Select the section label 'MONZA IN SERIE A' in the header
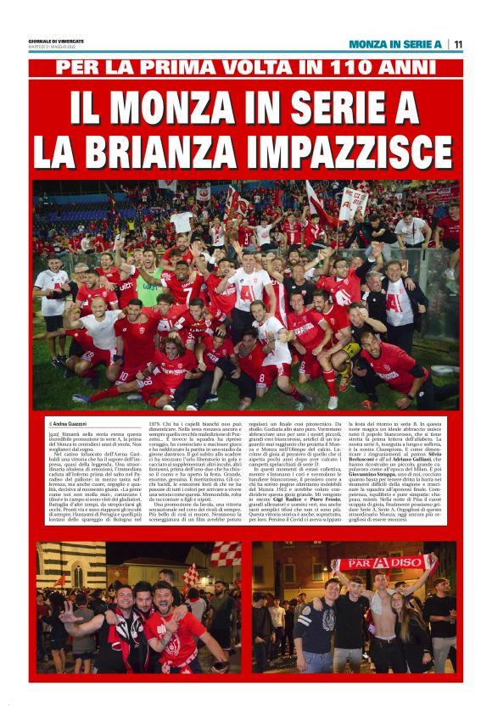[395, 44]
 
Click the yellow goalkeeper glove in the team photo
[350, 349]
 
